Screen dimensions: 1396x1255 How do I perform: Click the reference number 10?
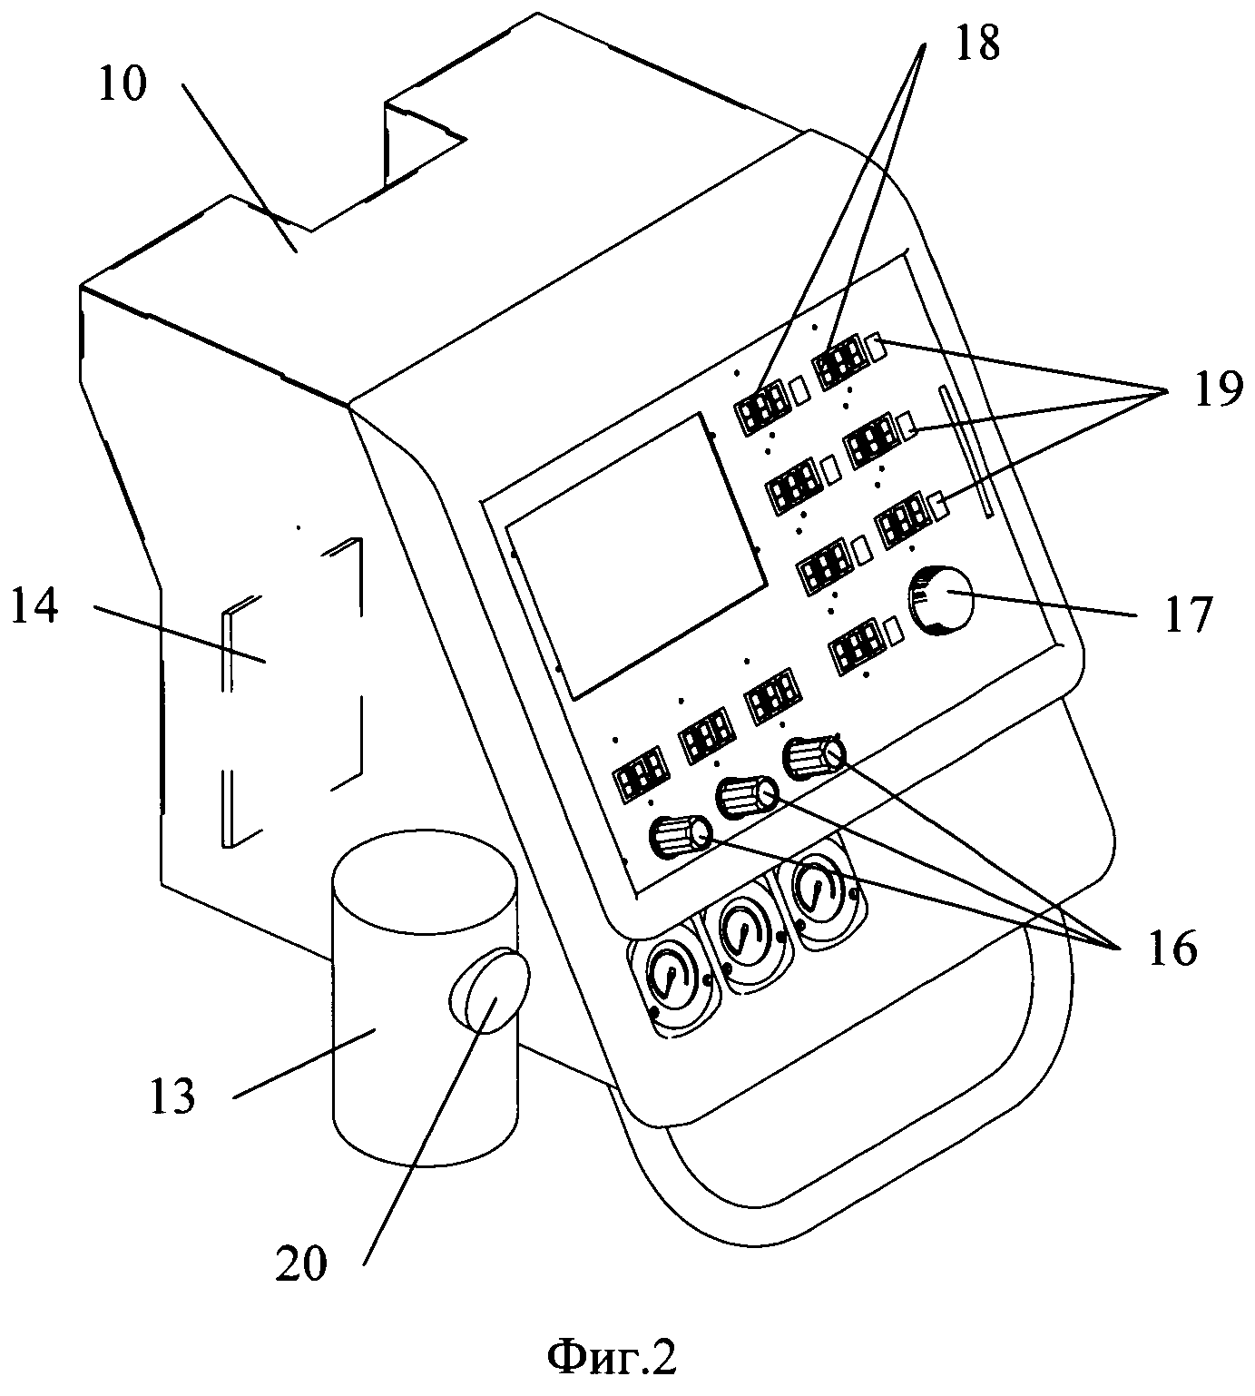[123, 87]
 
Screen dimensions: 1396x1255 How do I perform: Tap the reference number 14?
[34, 606]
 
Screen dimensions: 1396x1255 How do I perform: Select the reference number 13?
[172, 1096]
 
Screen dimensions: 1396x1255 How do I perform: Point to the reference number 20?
[301, 1263]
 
